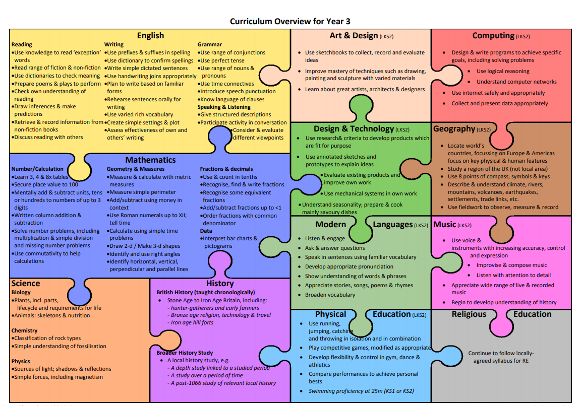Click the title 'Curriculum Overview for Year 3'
pos(290,21)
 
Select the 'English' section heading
pos(150,35)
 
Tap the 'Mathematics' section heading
pos(150,160)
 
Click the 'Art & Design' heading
pos(354,35)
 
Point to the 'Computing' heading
pos(493,35)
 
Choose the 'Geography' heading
pos(454,128)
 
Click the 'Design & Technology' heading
pos(354,128)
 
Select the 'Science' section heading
pos(26,283)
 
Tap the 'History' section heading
pos(220,283)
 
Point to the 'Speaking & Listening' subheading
pos(224,107)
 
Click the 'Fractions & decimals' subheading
pos(226,169)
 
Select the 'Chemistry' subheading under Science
pos(25,330)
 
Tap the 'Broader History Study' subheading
pos(185,353)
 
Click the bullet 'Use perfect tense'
pos(222,60)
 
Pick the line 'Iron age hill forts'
pos(192,323)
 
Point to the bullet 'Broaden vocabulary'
pos(330,295)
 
